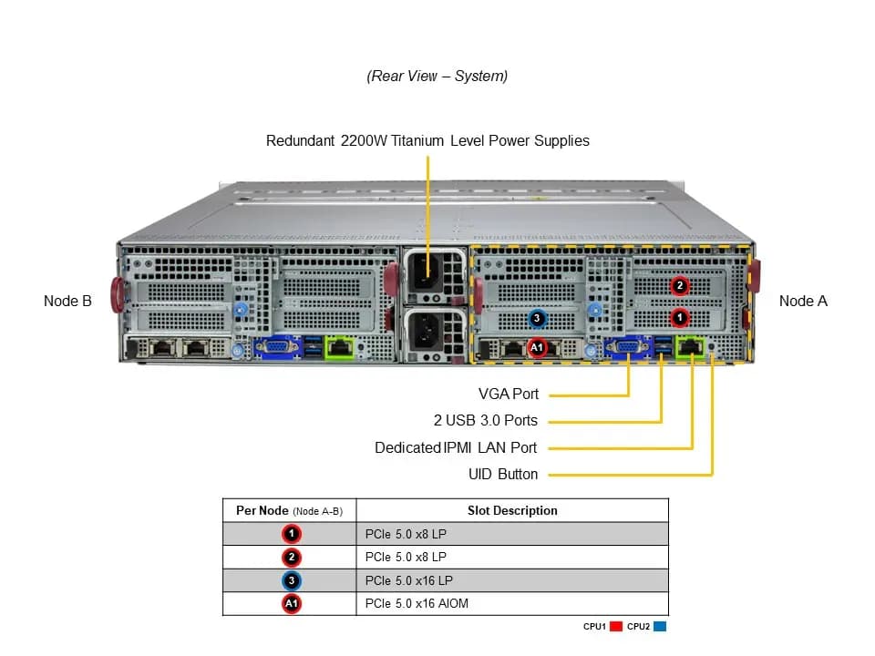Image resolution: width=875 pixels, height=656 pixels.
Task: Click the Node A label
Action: pos(803,302)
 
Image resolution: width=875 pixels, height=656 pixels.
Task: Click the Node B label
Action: pos(67,302)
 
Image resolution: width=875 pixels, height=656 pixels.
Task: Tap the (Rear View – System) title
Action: pos(437,76)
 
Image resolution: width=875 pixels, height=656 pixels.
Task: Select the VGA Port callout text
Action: pos(509,394)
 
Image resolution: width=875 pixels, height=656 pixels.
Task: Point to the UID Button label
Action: pos(503,474)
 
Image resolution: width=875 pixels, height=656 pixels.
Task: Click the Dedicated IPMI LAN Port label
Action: pos(456,447)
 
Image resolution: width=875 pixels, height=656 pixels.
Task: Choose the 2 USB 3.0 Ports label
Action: pos(486,420)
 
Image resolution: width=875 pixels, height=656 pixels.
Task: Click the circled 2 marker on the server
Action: pos(680,285)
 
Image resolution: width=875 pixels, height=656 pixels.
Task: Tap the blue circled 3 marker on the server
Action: pos(537,319)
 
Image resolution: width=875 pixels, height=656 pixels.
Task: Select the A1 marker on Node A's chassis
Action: pos(537,347)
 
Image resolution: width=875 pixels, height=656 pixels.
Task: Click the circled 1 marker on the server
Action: pos(680,318)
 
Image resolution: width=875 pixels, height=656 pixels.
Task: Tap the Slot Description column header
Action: pos(512,510)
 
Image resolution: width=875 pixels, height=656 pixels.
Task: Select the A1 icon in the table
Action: pos(292,603)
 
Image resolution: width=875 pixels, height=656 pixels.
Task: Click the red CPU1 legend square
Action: pos(616,627)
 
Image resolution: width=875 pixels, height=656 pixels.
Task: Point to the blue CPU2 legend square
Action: pos(660,627)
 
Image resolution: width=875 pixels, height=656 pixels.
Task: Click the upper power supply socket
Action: pos(426,273)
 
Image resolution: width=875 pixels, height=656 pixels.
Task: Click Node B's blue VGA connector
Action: pos(277,347)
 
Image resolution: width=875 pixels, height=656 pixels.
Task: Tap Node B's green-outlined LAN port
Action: pos(339,347)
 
